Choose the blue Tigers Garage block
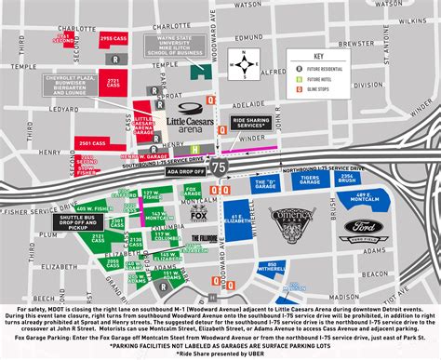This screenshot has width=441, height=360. point(332,180)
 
